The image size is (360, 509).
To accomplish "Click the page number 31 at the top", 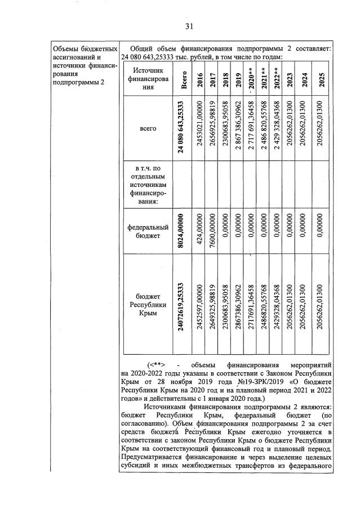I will pyautogui.click(x=189, y=26).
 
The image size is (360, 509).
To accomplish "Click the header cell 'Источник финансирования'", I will pyautogui.click(x=148, y=79).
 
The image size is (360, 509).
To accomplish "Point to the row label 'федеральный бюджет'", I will pyautogui.click(x=148, y=231).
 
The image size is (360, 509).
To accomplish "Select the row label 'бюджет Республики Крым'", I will pyautogui.click(x=148, y=304).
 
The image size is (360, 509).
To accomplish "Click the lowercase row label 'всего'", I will pyautogui.click(x=148, y=129).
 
